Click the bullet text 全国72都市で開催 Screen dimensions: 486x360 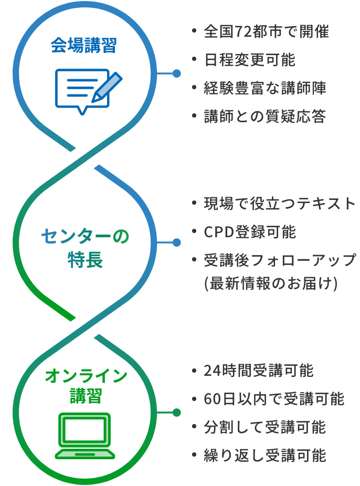coord(266,32)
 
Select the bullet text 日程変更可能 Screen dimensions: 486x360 coord(250,60)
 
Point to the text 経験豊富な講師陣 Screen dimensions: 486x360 coord(265,88)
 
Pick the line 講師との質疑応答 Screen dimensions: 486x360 coord(265,117)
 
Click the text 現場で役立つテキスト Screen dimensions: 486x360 coord(280,204)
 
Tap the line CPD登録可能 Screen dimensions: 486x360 coord(250,232)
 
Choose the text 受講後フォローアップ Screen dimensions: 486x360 coord(280,260)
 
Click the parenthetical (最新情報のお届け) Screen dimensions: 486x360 coord(270,284)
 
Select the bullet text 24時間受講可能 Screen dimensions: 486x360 coord(259,371)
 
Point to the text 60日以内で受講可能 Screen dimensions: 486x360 coord(274,399)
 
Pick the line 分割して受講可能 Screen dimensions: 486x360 coord(265,427)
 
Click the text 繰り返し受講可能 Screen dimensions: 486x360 coord(265,456)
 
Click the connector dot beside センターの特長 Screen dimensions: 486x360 coord(177,242)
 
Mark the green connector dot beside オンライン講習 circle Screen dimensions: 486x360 coord(177,413)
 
